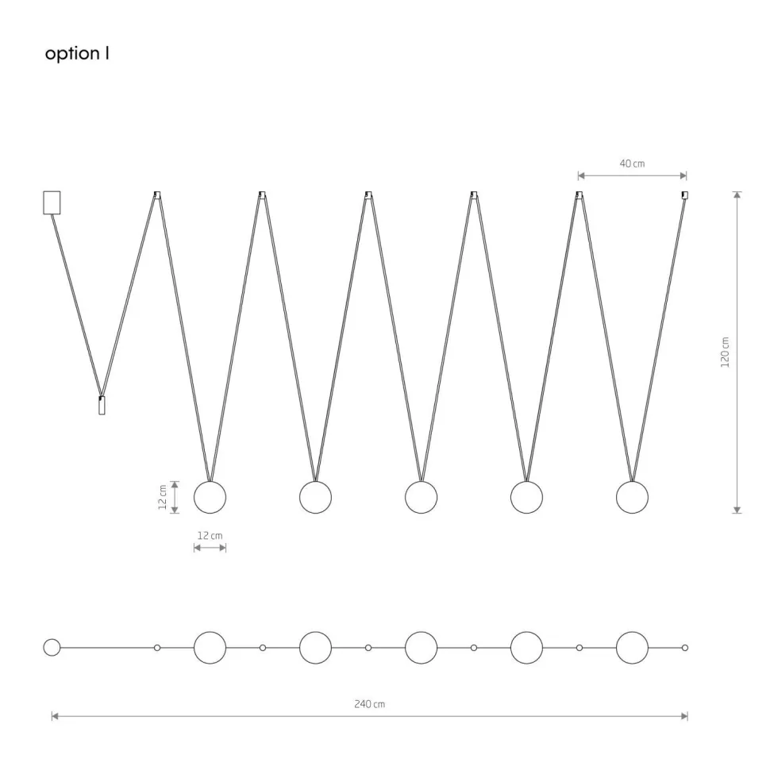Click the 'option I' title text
[77, 53]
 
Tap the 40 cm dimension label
[632, 164]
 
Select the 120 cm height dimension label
[725, 352]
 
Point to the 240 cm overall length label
[369, 704]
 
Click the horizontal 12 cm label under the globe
[210, 536]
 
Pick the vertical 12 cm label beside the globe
[163, 497]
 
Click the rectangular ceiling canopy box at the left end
[52, 202]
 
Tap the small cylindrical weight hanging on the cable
[102, 405]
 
